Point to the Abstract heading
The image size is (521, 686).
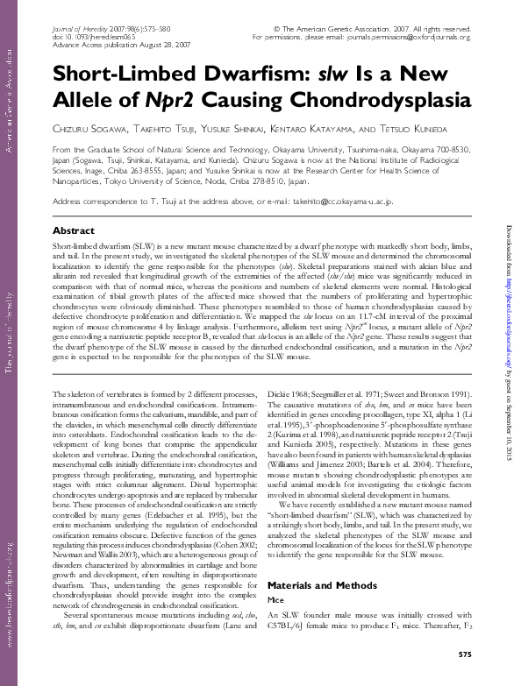pyautogui.click(x=75, y=230)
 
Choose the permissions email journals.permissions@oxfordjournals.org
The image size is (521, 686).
pyautogui.click(x=406, y=38)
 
